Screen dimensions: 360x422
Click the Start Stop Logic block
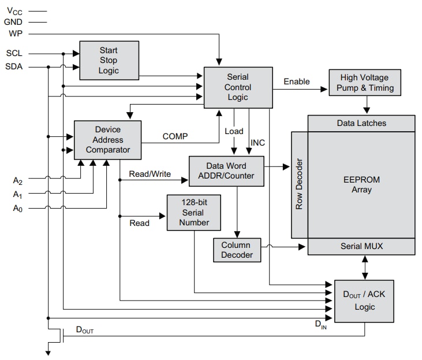coord(109,61)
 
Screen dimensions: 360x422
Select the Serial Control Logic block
coord(237,87)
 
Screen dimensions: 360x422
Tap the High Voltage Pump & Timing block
coord(364,83)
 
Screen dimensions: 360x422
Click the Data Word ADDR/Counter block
coord(226,171)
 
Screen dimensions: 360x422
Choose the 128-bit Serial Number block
coord(194,213)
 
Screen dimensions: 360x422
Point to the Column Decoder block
coord(236,250)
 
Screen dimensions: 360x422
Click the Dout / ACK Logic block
coord(364,300)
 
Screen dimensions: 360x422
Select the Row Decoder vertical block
coord(299,184)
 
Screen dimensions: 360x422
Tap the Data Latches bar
coord(361,123)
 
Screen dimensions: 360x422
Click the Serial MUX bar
coord(361,246)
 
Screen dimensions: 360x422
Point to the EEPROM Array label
coord(361,184)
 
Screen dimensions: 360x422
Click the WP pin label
coord(15,34)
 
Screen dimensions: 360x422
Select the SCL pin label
coord(14,53)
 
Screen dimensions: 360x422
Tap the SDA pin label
coord(14,66)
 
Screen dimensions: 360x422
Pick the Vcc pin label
coord(14,10)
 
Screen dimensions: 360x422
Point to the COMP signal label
coord(175,136)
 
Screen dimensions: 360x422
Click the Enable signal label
coord(296,81)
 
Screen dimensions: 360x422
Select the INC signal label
coord(257,142)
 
